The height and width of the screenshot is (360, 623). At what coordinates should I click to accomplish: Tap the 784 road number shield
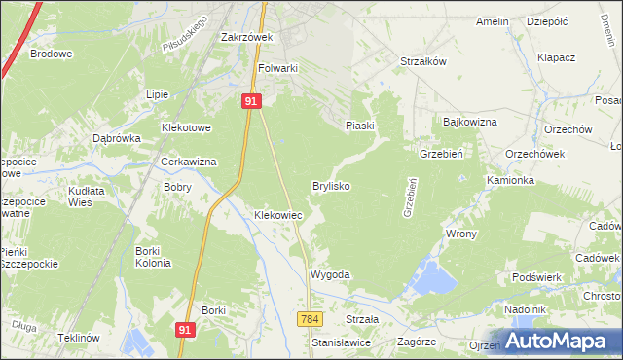pos(311,319)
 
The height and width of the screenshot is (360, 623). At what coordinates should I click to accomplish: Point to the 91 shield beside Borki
pos(186,330)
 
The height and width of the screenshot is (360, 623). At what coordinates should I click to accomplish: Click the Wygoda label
pos(329,275)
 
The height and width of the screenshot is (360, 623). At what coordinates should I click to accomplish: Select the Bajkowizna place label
pos(470,122)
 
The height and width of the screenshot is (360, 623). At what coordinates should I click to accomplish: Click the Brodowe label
pos(52,54)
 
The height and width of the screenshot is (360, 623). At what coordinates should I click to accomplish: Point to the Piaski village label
pos(360,126)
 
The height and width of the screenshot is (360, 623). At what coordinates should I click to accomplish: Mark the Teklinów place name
pos(79,337)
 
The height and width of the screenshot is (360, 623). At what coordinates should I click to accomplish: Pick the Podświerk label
pos(536,277)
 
